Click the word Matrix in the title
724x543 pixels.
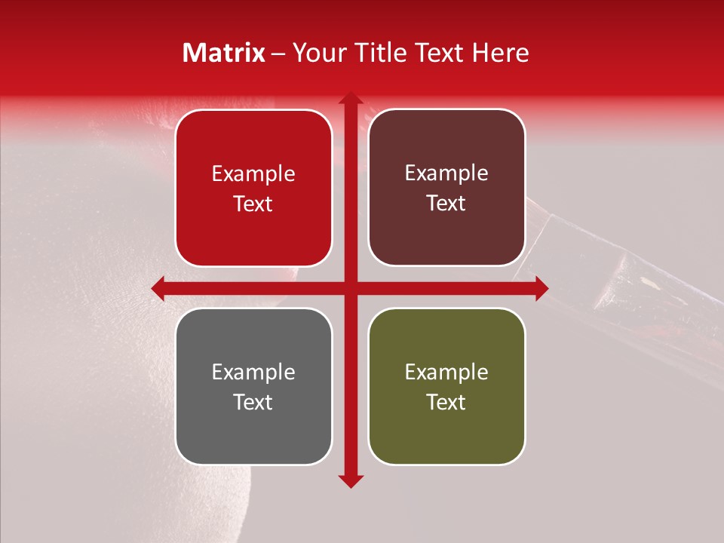224,53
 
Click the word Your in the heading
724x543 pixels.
318,53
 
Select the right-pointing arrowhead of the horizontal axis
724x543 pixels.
541,288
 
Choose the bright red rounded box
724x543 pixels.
253,189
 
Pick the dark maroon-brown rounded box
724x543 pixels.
446,187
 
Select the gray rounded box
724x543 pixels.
253,386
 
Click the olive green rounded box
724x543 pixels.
446,386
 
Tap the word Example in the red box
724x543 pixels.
253,173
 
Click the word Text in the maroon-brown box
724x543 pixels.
446,204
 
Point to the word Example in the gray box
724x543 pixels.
253,372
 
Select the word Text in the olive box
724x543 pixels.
446,402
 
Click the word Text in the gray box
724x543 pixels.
253,402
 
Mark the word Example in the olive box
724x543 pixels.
446,372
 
